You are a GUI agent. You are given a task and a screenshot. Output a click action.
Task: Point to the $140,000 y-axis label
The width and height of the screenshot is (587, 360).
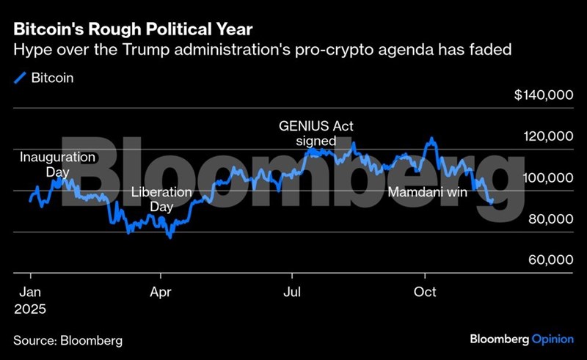click(544, 95)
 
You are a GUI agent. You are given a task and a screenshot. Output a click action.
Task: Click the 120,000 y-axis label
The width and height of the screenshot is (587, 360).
click(548, 137)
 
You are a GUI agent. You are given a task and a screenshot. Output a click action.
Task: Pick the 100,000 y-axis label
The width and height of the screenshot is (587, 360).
click(548, 178)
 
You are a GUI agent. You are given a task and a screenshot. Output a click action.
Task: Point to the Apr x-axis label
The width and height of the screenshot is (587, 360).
click(160, 292)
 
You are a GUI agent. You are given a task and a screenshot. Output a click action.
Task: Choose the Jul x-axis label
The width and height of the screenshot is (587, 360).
click(292, 292)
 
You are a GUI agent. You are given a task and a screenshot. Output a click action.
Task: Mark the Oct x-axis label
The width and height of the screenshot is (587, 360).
click(425, 292)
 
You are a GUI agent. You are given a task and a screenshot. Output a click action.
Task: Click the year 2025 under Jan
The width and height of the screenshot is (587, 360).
click(30, 309)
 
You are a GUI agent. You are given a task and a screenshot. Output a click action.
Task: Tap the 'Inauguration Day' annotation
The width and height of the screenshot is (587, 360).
click(57, 165)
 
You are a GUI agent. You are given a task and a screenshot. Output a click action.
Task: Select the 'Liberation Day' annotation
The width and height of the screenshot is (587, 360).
click(161, 200)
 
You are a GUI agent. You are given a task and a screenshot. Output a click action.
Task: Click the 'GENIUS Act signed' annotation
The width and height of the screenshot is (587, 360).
click(316, 133)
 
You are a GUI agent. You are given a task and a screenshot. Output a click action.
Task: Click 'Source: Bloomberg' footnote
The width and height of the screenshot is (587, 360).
click(68, 341)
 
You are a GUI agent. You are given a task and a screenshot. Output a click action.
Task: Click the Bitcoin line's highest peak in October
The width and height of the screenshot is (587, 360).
click(431, 138)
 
